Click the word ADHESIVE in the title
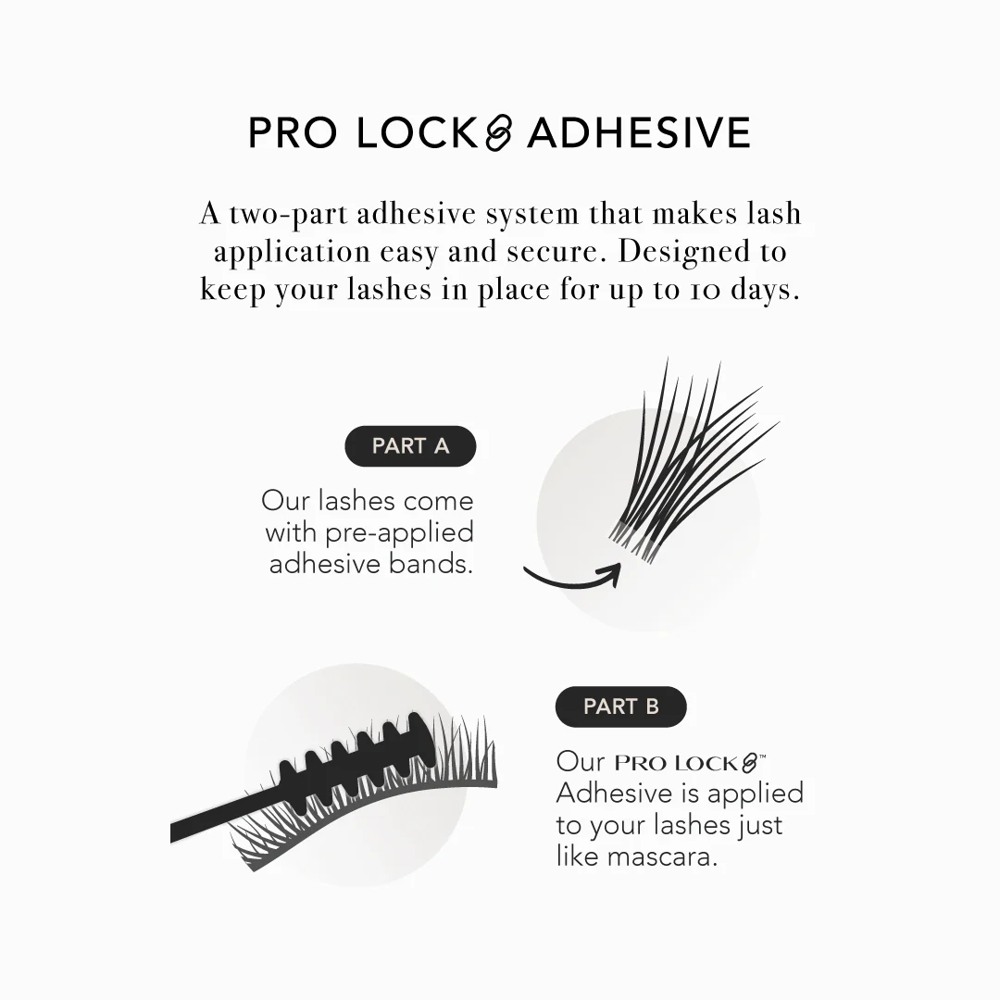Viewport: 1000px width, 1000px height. coord(639,132)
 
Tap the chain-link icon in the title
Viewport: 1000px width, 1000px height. coord(499,132)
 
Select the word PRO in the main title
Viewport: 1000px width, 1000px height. coord(292,132)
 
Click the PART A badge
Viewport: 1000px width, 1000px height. coord(410,445)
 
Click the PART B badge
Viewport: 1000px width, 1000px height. coord(621,706)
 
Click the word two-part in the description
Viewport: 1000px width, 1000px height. coord(289,214)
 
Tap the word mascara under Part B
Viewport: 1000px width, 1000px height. coord(663,856)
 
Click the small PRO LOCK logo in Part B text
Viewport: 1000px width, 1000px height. coord(690,763)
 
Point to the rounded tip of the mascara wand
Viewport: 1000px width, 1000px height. coord(423,739)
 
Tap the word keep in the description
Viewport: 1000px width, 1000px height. coord(232,291)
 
